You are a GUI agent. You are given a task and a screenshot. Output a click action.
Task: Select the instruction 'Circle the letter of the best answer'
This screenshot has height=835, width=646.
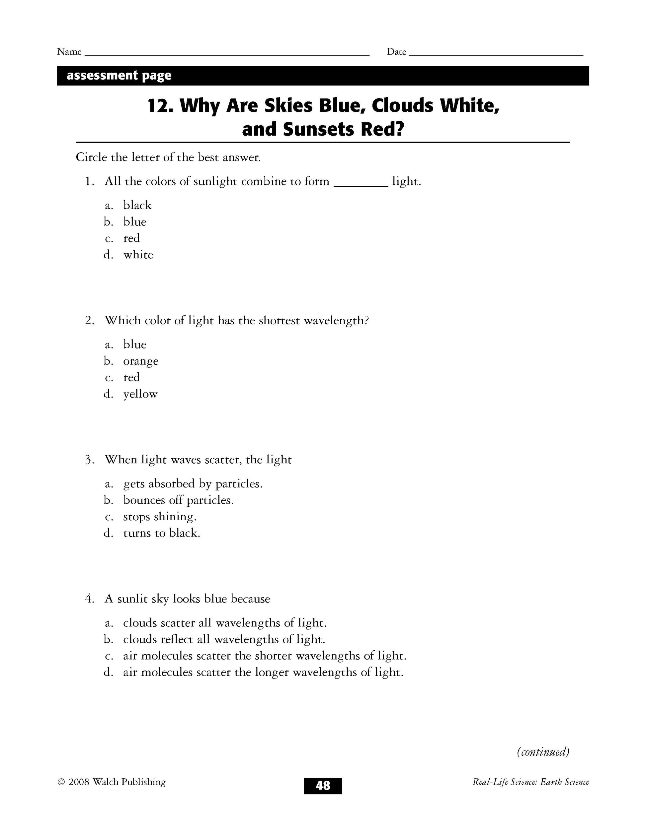(x=168, y=157)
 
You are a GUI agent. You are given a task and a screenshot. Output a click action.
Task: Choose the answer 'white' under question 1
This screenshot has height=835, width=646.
(x=138, y=255)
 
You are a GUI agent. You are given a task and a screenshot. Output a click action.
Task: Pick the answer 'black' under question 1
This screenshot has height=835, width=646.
(x=137, y=205)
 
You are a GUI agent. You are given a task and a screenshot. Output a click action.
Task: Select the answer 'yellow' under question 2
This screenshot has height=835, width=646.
(x=140, y=394)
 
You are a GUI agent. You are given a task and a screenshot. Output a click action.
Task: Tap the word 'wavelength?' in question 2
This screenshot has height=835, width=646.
(x=336, y=320)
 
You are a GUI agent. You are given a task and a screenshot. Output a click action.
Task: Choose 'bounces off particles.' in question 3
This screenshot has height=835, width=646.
(x=178, y=500)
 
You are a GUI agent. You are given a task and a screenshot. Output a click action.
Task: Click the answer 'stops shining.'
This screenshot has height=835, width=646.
(x=160, y=517)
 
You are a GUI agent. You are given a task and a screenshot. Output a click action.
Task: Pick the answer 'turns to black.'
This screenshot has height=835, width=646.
(x=161, y=533)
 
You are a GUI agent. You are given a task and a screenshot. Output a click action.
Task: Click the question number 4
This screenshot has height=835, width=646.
(x=89, y=599)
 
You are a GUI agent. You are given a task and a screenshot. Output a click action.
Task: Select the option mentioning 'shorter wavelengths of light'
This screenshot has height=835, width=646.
(x=265, y=656)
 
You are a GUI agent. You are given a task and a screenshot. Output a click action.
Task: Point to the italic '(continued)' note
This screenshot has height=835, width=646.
(x=543, y=752)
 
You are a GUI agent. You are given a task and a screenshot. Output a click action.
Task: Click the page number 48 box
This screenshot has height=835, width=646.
(x=323, y=785)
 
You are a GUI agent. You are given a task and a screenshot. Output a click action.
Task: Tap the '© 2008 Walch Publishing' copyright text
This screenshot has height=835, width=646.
(x=111, y=782)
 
